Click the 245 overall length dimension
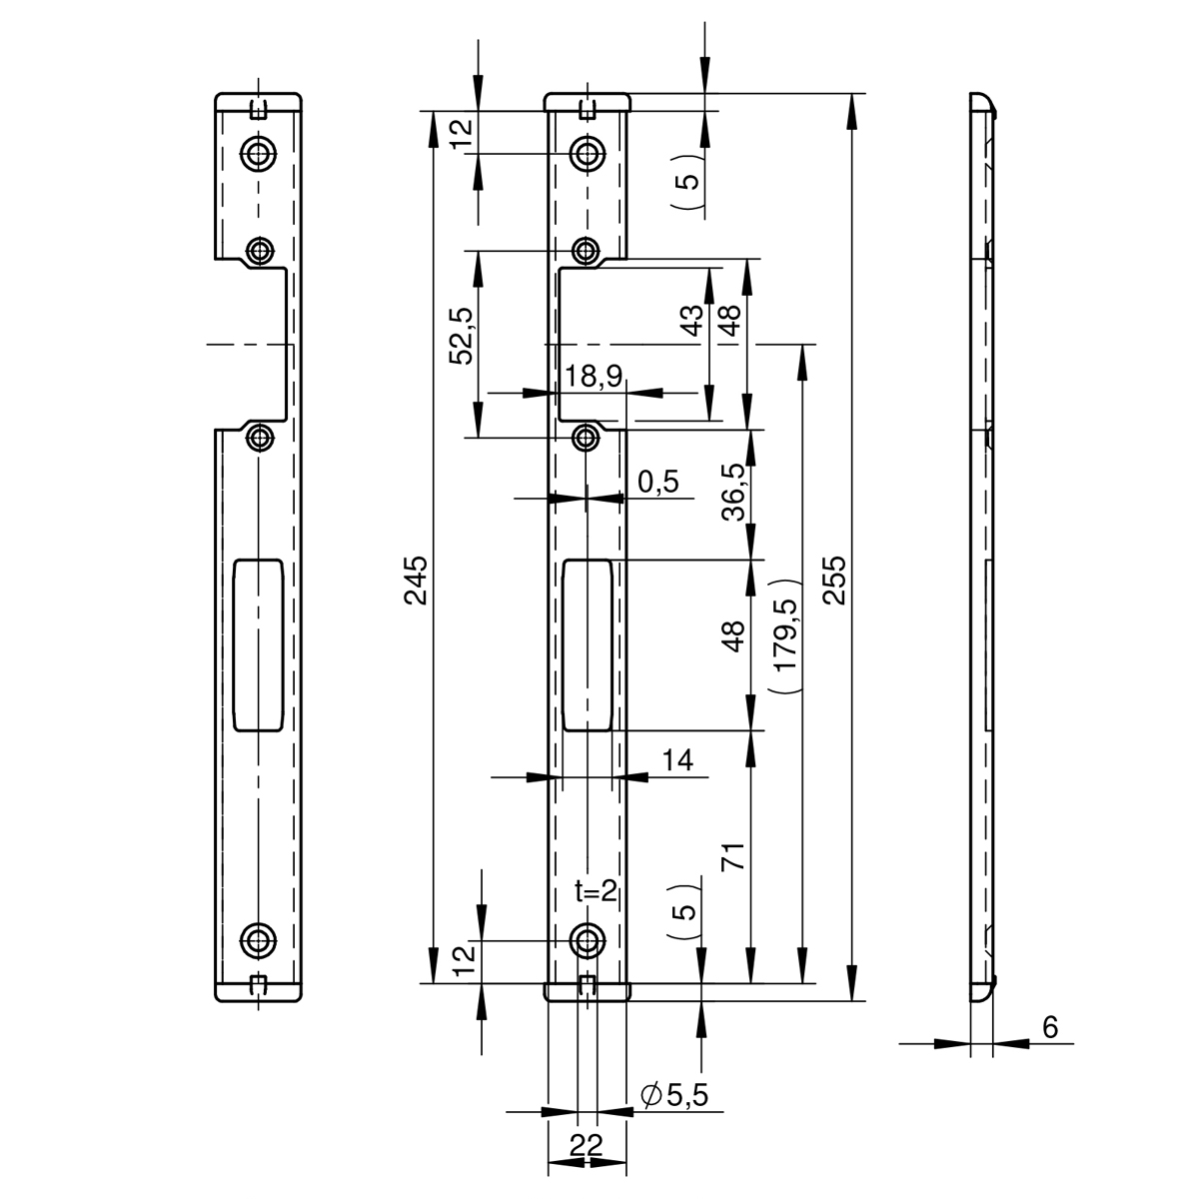416,580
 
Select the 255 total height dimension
835,580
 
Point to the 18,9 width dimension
593,376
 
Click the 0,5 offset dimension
657,482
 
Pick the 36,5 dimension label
733,492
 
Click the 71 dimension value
733,856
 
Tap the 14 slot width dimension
677,759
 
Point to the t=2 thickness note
596,891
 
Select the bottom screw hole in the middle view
587,941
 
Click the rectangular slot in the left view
258,644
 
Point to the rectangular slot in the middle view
588,644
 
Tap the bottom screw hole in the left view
258,941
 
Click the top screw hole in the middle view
587,152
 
